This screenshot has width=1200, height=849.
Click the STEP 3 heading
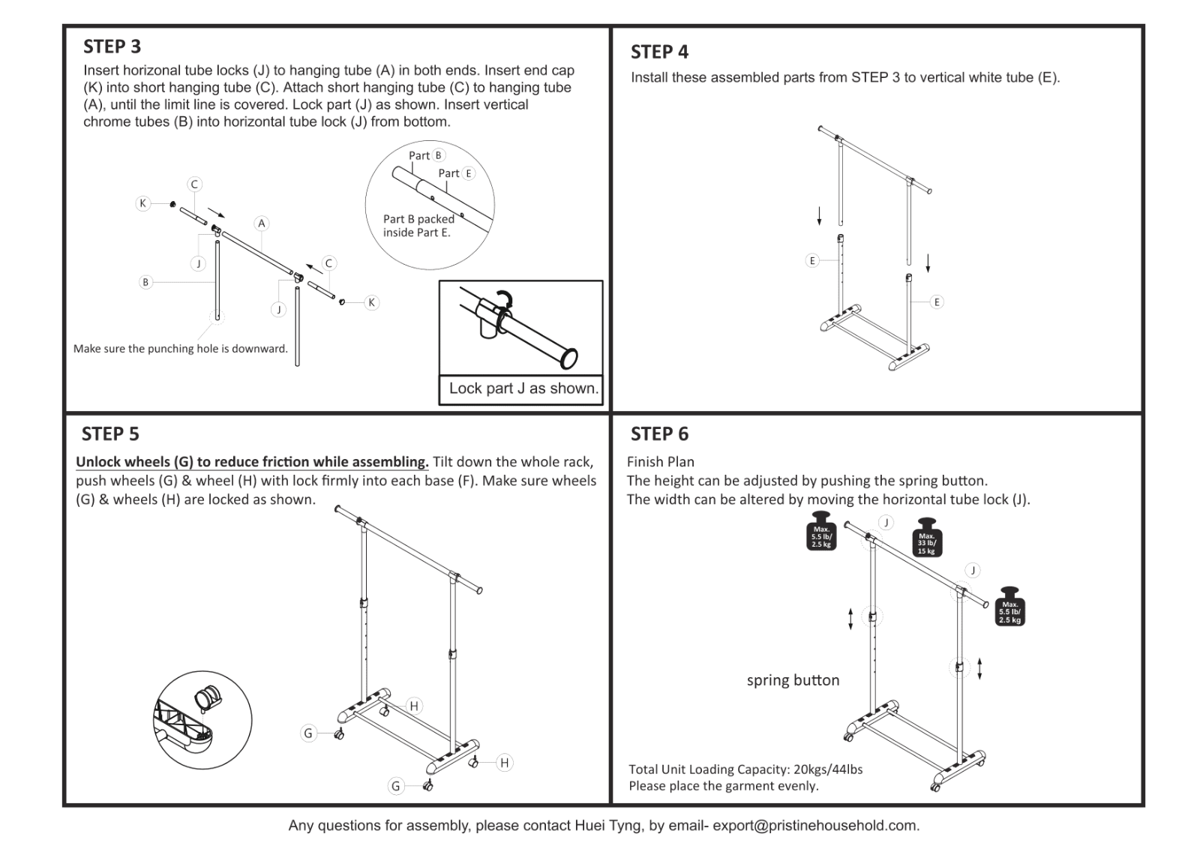pyautogui.click(x=112, y=46)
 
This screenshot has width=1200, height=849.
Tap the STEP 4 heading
pyautogui.click(x=659, y=52)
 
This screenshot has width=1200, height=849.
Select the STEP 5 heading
pyautogui.click(x=110, y=434)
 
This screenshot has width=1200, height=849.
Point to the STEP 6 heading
pyautogui.click(x=659, y=434)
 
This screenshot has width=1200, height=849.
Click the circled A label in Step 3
pyautogui.click(x=261, y=223)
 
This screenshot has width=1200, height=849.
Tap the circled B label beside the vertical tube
pyautogui.click(x=145, y=282)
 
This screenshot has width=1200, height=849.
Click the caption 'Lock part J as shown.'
pyautogui.click(x=523, y=388)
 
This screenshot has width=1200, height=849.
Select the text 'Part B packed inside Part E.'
pyautogui.click(x=418, y=226)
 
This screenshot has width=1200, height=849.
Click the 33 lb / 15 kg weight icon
pyautogui.click(x=927, y=538)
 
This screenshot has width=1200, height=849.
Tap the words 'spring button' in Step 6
pyautogui.click(x=793, y=680)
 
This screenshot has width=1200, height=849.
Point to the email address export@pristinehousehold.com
pyautogui.click(x=815, y=826)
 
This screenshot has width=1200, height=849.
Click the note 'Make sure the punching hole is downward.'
pyautogui.click(x=181, y=349)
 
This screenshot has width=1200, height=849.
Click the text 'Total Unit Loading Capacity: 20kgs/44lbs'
pyautogui.click(x=745, y=769)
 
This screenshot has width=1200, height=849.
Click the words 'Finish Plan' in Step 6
pyautogui.click(x=661, y=462)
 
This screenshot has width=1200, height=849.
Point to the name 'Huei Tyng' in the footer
pyautogui.click(x=608, y=826)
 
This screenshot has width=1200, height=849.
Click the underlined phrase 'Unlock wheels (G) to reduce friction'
pyautogui.click(x=252, y=462)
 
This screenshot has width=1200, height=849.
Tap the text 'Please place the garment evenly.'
pyautogui.click(x=723, y=786)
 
